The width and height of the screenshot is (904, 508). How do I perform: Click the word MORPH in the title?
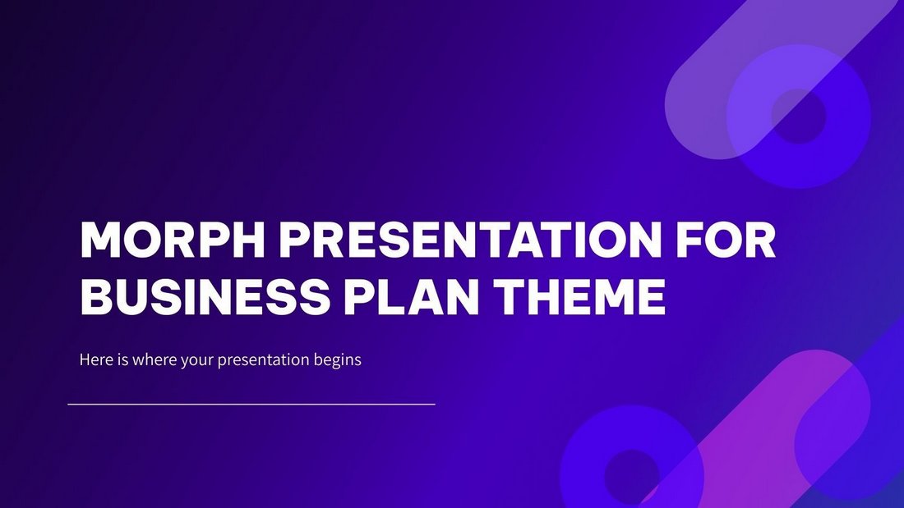173,239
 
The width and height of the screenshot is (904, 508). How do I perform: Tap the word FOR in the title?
726,239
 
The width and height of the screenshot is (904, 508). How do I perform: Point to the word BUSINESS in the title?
205,296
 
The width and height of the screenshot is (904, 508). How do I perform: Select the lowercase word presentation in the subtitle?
264,360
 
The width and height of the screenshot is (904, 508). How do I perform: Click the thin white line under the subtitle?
251,405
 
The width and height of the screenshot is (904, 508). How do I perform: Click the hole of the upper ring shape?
799,117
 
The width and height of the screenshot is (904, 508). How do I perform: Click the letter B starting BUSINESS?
95,296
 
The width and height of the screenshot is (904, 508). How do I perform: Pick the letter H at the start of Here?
85,360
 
